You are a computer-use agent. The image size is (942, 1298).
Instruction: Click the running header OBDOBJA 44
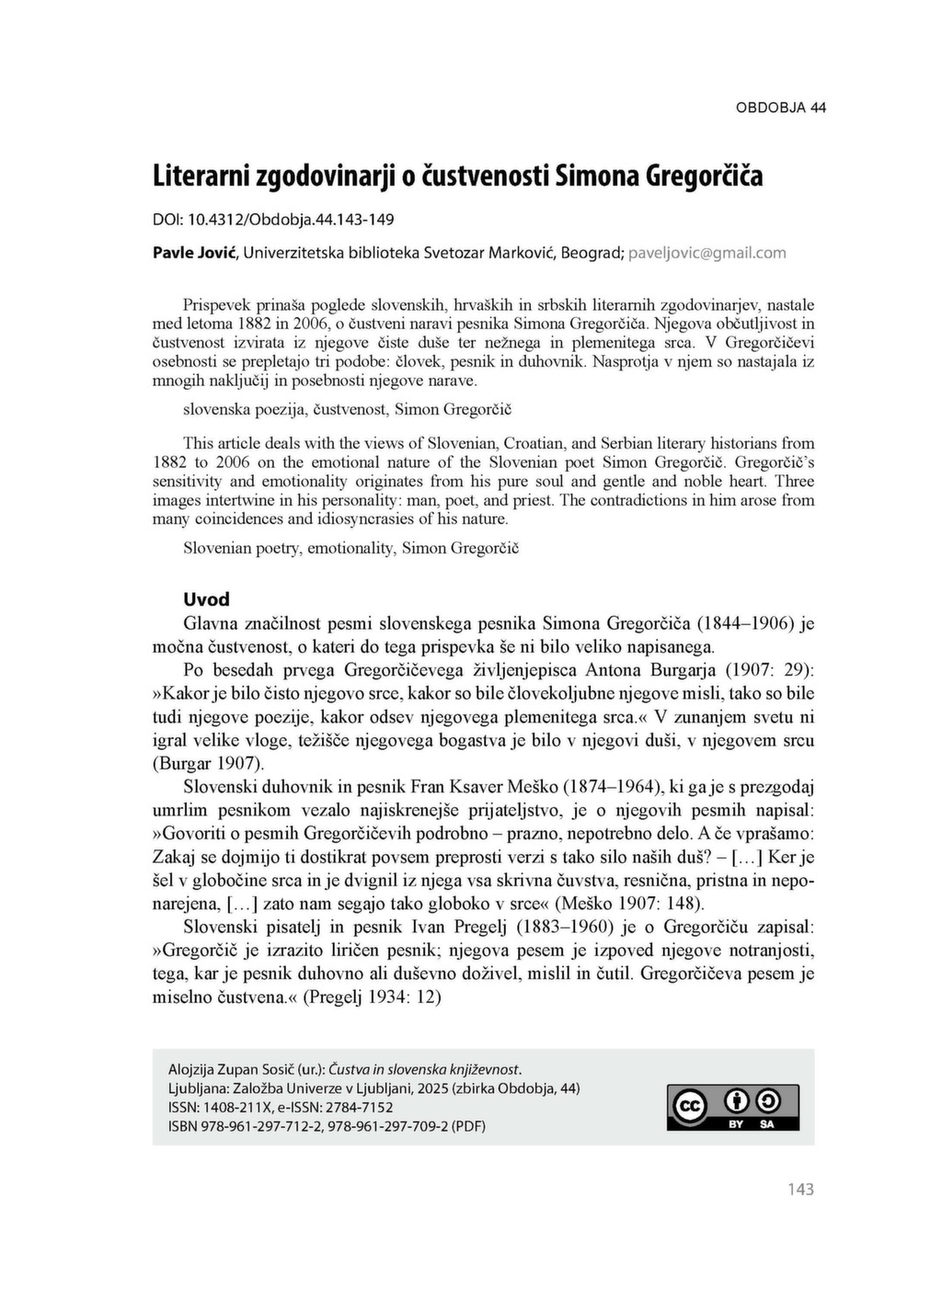tap(780, 108)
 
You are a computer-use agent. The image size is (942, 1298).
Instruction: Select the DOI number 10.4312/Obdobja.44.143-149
tap(291, 220)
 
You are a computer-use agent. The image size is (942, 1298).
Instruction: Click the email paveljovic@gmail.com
tap(706, 253)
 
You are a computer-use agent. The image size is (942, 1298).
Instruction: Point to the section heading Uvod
tap(206, 599)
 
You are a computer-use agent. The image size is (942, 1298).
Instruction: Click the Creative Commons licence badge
tap(733, 1107)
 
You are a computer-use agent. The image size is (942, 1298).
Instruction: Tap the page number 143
tap(800, 1190)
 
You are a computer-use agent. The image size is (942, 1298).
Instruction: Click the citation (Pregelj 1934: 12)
tap(373, 996)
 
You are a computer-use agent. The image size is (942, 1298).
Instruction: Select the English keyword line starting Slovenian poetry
tap(350, 548)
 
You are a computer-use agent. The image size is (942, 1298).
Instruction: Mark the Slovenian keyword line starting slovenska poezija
tap(334, 409)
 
